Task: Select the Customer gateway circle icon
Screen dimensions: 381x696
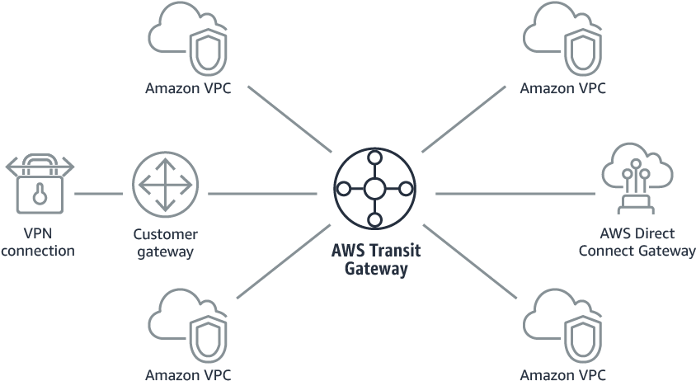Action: [166, 184]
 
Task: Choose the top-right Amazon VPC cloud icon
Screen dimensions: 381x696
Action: [562, 38]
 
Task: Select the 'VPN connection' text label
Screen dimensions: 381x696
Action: [38, 242]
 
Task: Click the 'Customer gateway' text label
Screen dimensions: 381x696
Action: [166, 242]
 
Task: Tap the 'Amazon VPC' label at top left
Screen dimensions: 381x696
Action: [189, 88]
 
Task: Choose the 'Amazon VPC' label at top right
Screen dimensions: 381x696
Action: [563, 88]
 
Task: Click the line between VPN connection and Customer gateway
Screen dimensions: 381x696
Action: [98, 194]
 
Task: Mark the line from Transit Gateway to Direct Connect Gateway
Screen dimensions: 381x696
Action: [515, 194]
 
